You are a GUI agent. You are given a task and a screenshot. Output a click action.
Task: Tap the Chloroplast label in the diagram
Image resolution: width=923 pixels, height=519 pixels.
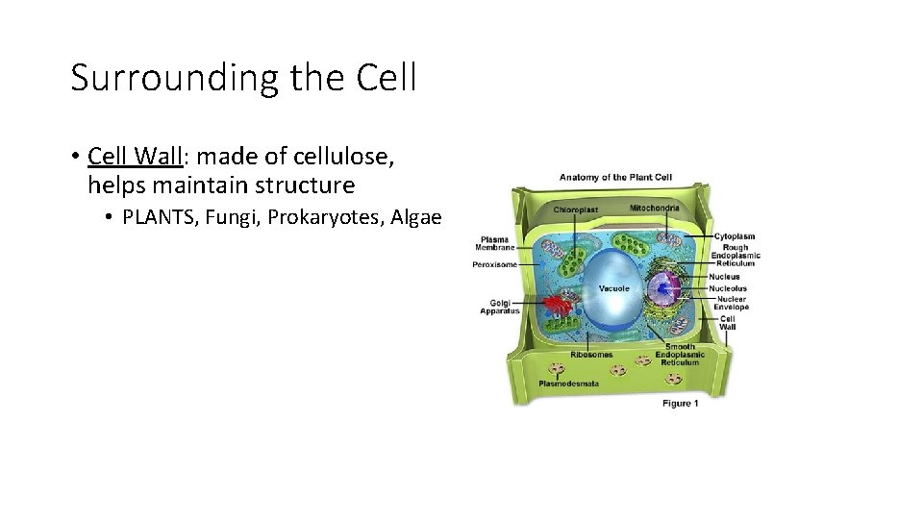tap(575, 210)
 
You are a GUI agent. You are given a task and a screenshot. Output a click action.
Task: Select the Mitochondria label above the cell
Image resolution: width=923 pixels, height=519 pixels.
tap(654, 208)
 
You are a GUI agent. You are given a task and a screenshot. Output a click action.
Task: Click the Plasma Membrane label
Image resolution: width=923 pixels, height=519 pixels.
tap(495, 243)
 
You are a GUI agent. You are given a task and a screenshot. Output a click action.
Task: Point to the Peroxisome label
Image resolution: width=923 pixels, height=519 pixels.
tap(495, 264)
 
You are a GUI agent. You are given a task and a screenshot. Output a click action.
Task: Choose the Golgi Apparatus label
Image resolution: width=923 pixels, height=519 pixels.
tap(500, 307)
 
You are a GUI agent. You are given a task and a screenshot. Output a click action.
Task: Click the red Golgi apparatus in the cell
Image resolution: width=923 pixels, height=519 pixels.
tap(557, 309)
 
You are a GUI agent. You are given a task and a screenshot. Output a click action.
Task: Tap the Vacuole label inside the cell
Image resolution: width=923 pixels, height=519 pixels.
tap(614, 288)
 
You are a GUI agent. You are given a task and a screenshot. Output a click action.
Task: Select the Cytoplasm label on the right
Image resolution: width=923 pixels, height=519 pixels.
tap(734, 236)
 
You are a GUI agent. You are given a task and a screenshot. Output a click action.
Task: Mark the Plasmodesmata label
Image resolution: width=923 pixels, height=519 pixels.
tap(568, 383)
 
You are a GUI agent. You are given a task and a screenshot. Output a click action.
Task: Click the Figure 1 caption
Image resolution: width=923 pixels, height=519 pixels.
tap(680, 404)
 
